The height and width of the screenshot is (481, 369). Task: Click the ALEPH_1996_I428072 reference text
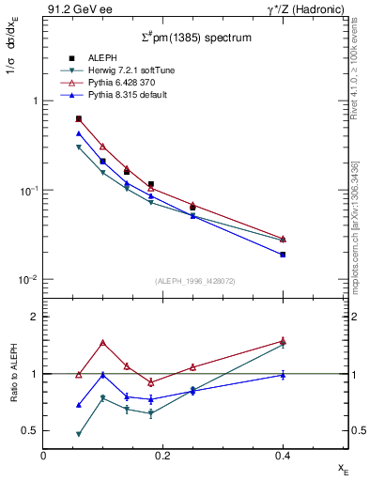tap(188, 281)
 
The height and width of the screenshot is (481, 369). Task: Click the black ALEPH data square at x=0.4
tap(283, 255)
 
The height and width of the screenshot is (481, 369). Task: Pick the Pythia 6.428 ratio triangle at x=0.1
tap(103, 343)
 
